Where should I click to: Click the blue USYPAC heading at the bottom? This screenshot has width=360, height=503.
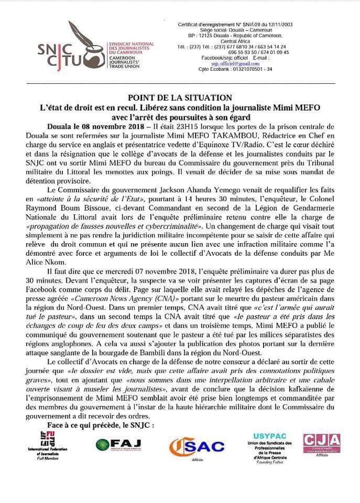pyautogui.click(x=270, y=436)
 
